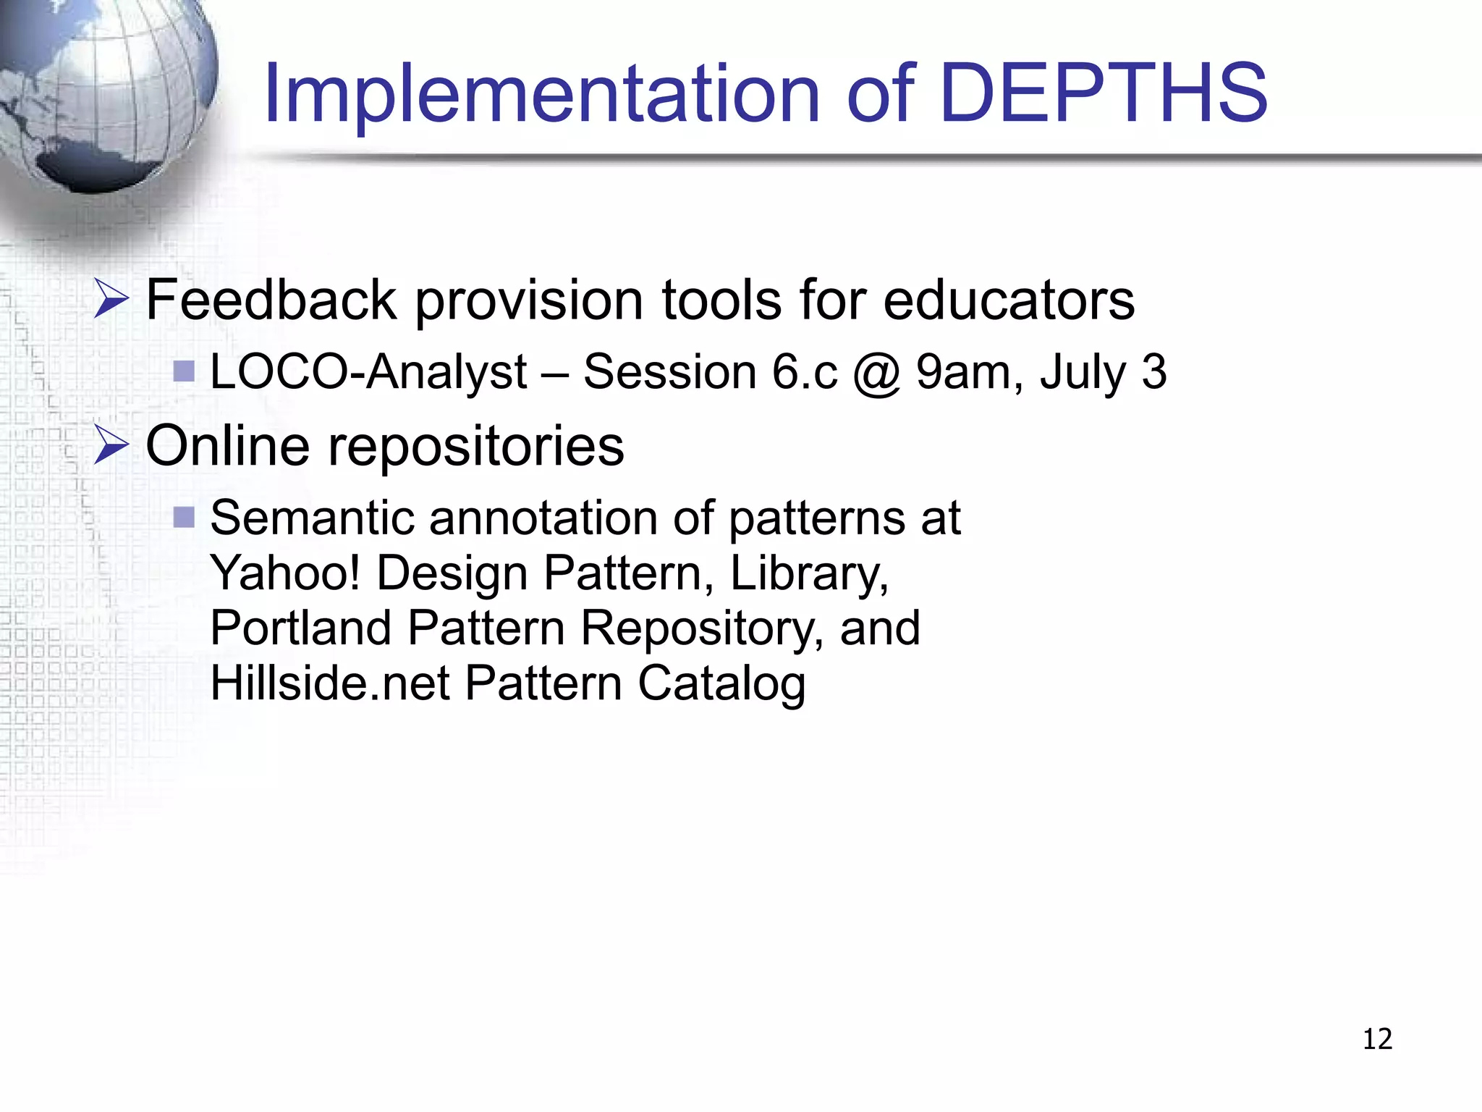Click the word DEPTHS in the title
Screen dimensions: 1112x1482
click(x=1104, y=93)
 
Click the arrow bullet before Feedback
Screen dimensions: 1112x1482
click(x=111, y=300)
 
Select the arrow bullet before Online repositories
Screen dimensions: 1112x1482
click(x=111, y=445)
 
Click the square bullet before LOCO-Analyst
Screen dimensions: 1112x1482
click(x=185, y=371)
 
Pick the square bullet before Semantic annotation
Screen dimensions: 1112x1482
click(x=185, y=517)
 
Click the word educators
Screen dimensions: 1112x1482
click(x=1009, y=300)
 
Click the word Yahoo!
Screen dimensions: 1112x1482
click(x=285, y=573)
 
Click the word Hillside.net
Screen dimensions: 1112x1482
click(x=330, y=683)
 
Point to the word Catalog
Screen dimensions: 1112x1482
click(x=721, y=684)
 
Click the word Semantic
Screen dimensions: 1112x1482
click(x=312, y=518)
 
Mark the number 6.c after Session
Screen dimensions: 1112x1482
click(x=804, y=372)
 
